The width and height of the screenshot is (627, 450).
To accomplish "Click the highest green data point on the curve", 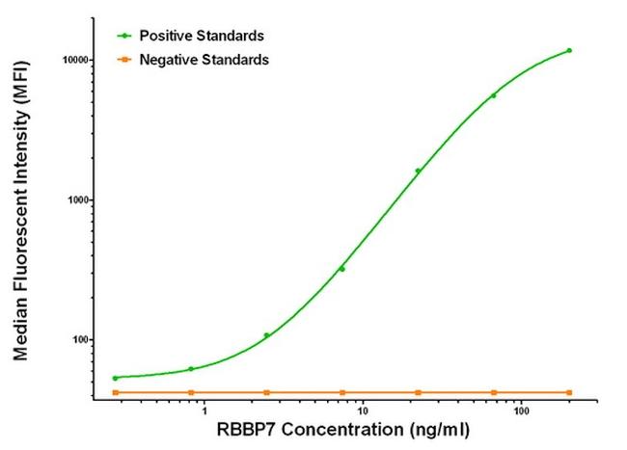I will [x=569, y=50].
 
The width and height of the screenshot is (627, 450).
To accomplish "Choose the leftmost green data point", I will [x=115, y=378].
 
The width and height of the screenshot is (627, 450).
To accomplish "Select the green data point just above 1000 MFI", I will [x=418, y=171].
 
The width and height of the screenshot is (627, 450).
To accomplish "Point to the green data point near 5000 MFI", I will [x=494, y=95].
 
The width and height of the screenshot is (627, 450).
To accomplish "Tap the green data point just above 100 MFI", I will [x=266, y=335].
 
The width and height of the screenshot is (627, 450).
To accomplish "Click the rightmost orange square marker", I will [x=569, y=392].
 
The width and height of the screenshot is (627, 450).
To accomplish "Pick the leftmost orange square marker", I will [x=115, y=392].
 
